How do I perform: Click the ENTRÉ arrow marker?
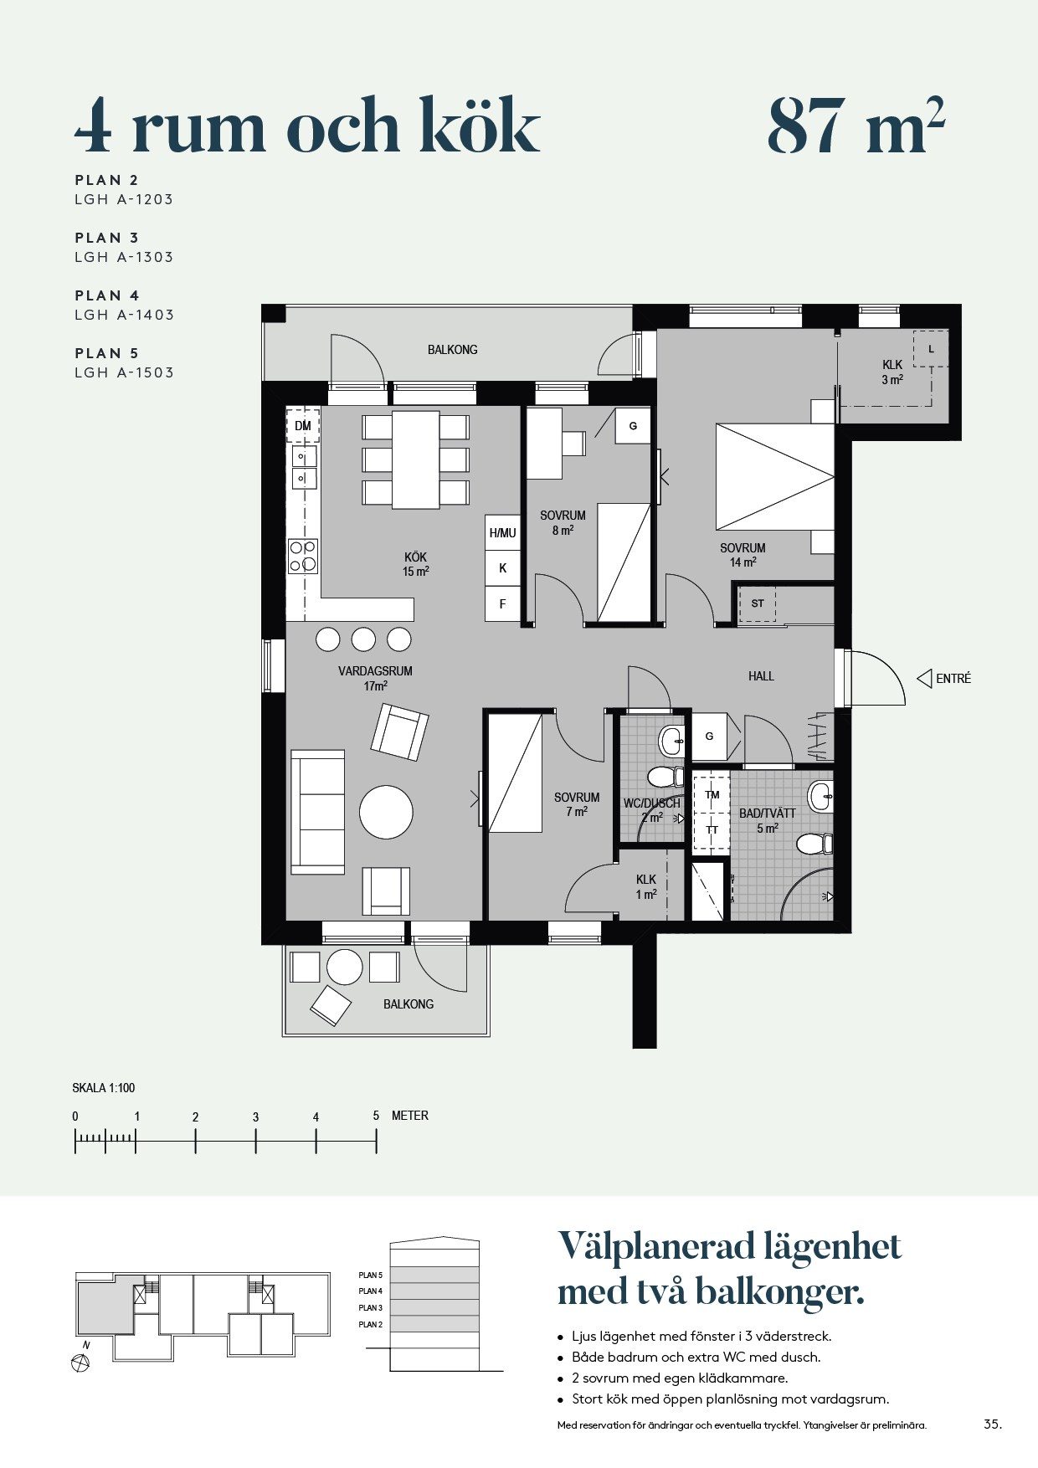pyautogui.click(x=924, y=679)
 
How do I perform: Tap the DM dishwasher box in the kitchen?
pyautogui.click(x=303, y=425)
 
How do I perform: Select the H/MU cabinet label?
pyautogui.click(x=502, y=533)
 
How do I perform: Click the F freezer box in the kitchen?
pyautogui.click(x=502, y=603)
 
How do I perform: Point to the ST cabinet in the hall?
pyautogui.click(x=757, y=603)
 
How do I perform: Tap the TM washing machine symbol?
pyautogui.click(x=712, y=794)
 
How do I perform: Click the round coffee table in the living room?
pyautogui.click(x=386, y=811)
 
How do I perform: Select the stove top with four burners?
pyautogui.click(x=303, y=557)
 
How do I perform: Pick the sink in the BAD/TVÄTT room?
pyautogui.click(x=820, y=796)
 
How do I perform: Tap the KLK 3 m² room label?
pyautogui.click(x=892, y=372)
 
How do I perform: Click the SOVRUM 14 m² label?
pyautogui.click(x=743, y=555)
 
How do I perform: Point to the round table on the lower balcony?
pyautogui.click(x=345, y=968)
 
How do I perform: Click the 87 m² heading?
pyautogui.click(x=856, y=126)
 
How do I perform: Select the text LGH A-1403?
pyautogui.click(x=124, y=315)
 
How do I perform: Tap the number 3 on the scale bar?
pyautogui.click(x=255, y=1116)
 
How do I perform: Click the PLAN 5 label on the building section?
pyautogui.click(x=370, y=1276)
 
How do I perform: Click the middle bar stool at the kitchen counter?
pyautogui.click(x=363, y=639)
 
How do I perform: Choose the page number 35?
pyautogui.click(x=993, y=1424)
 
